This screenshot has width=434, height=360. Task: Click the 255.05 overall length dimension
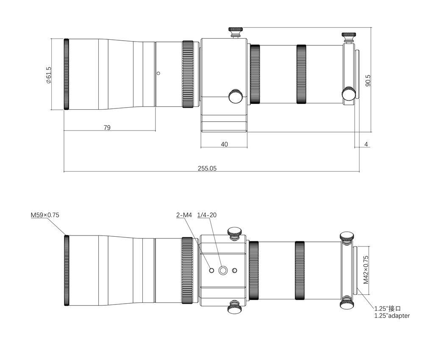[x=207, y=168]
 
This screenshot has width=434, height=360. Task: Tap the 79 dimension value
[x=107, y=127]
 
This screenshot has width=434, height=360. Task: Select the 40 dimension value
[x=225, y=144]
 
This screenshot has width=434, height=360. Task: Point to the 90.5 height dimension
[x=367, y=80]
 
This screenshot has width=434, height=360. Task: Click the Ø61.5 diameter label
[x=48, y=75]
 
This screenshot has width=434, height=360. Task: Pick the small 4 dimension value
[x=366, y=144]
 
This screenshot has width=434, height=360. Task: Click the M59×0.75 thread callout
[x=45, y=215]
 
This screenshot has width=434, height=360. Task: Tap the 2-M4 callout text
[x=184, y=215]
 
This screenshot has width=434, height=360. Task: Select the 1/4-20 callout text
[x=207, y=215]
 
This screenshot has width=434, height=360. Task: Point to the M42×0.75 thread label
[x=366, y=270]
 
